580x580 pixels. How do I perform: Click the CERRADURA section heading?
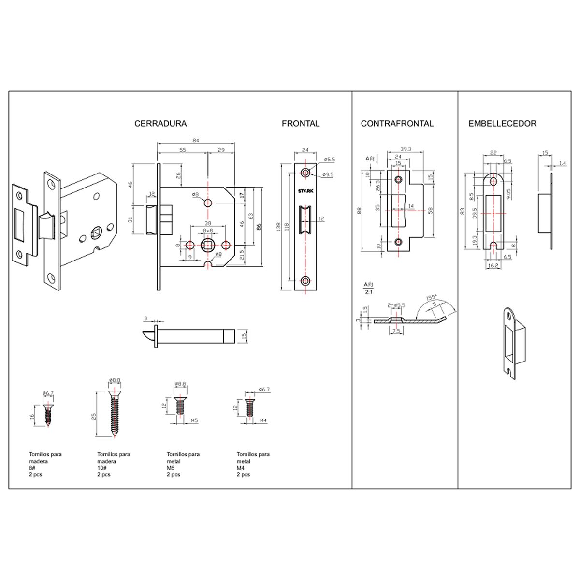click(160, 124)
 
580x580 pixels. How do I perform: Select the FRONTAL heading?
click(301, 124)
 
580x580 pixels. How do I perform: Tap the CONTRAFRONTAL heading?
click(397, 124)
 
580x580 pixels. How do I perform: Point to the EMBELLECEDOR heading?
click(502, 124)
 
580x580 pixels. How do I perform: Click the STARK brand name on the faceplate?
click(305, 191)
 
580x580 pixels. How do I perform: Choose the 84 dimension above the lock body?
click(196, 141)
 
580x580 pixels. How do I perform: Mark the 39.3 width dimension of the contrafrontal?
click(406, 149)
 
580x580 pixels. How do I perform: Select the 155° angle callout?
click(431, 298)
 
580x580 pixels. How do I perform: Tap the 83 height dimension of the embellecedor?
click(463, 211)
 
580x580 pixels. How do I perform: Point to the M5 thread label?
click(194, 421)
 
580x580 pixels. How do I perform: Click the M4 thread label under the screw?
click(263, 421)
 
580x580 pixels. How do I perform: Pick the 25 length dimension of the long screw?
click(95, 416)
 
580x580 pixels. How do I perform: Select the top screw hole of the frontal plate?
click(305, 173)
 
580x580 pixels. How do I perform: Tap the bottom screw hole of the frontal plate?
click(305, 281)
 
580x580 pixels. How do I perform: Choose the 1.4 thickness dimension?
click(562, 164)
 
